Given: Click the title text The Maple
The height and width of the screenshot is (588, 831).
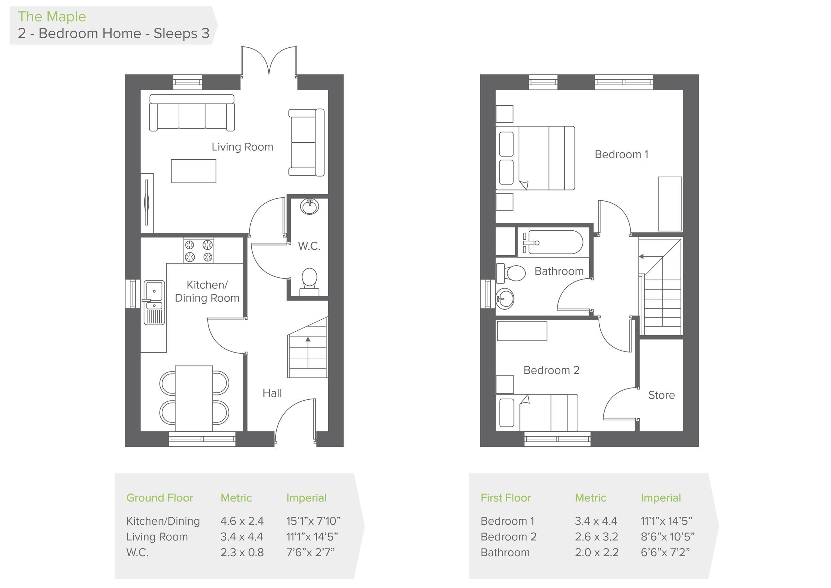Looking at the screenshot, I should tap(52, 17).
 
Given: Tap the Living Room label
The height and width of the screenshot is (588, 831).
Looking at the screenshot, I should tap(242, 147).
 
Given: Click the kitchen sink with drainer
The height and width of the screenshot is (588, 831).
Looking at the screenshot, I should tap(154, 302).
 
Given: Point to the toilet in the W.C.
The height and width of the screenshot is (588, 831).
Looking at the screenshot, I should tap(309, 279).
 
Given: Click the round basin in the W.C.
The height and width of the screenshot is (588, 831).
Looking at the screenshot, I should tap(310, 207).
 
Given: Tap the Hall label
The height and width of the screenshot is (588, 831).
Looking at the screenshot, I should tap(272, 393).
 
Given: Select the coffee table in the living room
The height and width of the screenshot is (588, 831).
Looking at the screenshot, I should tap(193, 171).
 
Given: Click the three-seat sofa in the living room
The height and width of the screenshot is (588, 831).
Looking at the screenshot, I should tap(192, 113).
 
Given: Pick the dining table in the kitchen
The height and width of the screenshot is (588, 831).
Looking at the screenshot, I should tap(194, 398).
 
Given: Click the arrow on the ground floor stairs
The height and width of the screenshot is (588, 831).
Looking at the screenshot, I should tap(308, 340).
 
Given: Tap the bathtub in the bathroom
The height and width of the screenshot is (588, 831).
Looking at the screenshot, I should tap(553, 242).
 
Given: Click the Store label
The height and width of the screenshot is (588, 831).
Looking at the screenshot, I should tap(661, 395).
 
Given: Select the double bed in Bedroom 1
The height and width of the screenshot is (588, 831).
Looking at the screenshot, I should tap(535, 158).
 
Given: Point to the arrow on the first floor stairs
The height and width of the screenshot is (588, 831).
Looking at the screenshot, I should tap(641, 256).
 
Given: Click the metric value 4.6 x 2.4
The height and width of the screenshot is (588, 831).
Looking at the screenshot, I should tap(242, 521).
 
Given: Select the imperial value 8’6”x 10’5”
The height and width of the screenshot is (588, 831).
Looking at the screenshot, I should tap(668, 537).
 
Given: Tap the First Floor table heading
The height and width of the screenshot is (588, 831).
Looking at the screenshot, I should tap(505, 498).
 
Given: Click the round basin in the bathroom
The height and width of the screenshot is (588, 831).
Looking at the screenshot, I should tap(504, 299).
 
